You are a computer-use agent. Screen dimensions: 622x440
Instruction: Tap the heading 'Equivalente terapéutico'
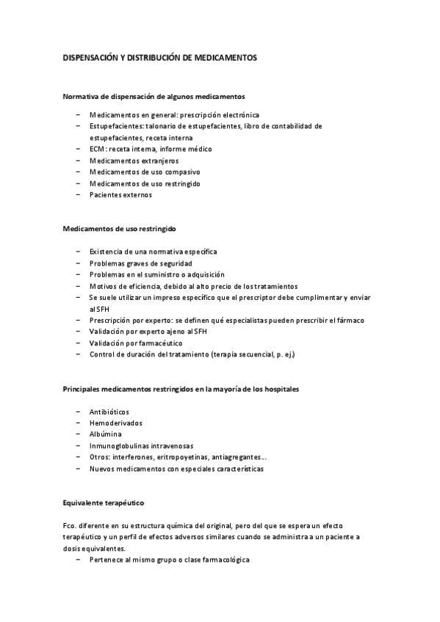pos(103,503)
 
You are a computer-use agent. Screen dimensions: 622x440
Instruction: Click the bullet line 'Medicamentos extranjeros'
pos(134,161)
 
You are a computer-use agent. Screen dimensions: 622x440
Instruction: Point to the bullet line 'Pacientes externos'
pos(120,195)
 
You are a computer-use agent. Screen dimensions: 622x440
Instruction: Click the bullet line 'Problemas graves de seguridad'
pos(141,263)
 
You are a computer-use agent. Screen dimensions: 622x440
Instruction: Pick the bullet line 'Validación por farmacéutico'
pos(136,343)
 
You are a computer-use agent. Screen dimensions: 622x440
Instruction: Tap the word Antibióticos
pos(109,411)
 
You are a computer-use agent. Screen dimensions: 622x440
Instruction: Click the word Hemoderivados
pos(116,423)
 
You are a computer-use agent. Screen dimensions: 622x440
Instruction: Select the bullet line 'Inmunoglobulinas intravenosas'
pos(141,445)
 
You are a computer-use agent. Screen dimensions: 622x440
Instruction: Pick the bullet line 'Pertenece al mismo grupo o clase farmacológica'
pos(170,560)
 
